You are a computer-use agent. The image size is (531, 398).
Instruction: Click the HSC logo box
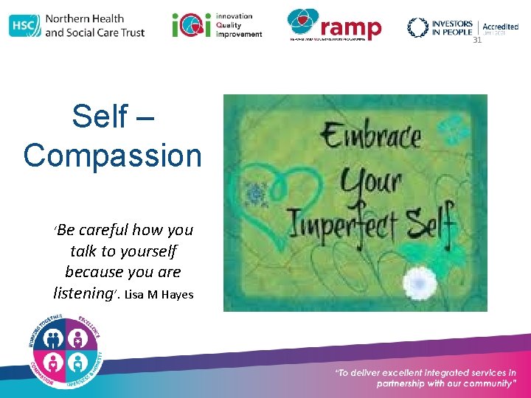(24, 26)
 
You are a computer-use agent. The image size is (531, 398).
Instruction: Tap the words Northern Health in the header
(84, 18)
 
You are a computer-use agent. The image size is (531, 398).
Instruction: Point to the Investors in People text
(451, 27)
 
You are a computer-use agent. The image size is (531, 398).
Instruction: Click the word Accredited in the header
(501, 27)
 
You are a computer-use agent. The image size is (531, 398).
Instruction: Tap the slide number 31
(477, 41)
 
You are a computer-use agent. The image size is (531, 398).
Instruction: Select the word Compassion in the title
(112, 156)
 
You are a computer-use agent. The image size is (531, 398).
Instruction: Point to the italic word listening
(83, 293)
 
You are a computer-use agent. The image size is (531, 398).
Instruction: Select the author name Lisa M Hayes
(159, 295)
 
